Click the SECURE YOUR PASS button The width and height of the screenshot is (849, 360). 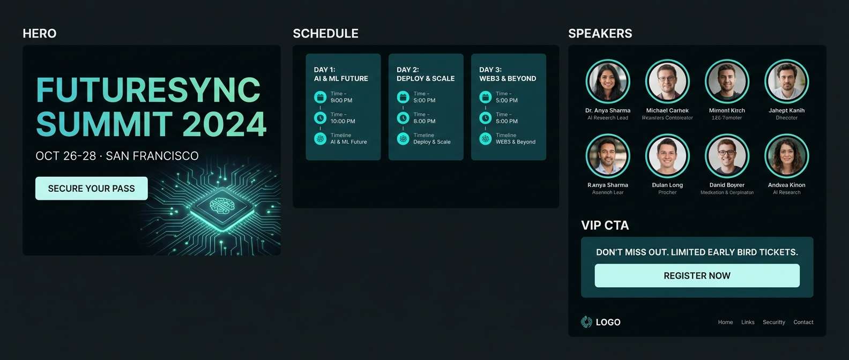(x=91, y=189)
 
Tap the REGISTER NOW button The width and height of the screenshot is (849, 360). (x=697, y=276)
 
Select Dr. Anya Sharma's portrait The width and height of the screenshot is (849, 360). (x=607, y=81)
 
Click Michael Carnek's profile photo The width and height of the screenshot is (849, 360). (x=667, y=81)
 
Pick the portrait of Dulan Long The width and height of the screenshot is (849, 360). (x=667, y=156)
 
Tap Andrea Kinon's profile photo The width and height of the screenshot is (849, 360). (x=786, y=156)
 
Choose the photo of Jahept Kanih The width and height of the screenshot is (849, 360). (x=786, y=81)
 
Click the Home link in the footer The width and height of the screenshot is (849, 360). (x=725, y=322)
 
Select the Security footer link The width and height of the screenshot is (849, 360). (x=773, y=322)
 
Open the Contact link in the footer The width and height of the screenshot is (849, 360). (x=803, y=322)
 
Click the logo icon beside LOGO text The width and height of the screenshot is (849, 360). (x=586, y=322)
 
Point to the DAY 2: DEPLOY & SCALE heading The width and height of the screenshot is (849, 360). (x=426, y=74)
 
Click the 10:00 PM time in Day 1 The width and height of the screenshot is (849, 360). (x=342, y=122)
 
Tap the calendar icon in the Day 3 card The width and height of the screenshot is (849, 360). (x=485, y=97)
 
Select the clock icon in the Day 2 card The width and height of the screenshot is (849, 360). (x=403, y=118)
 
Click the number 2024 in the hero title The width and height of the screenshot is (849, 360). (x=224, y=125)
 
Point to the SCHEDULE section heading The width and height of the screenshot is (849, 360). (x=325, y=34)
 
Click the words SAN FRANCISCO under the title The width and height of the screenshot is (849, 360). (x=152, y=156)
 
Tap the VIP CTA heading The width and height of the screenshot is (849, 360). (x=605, y=226)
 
